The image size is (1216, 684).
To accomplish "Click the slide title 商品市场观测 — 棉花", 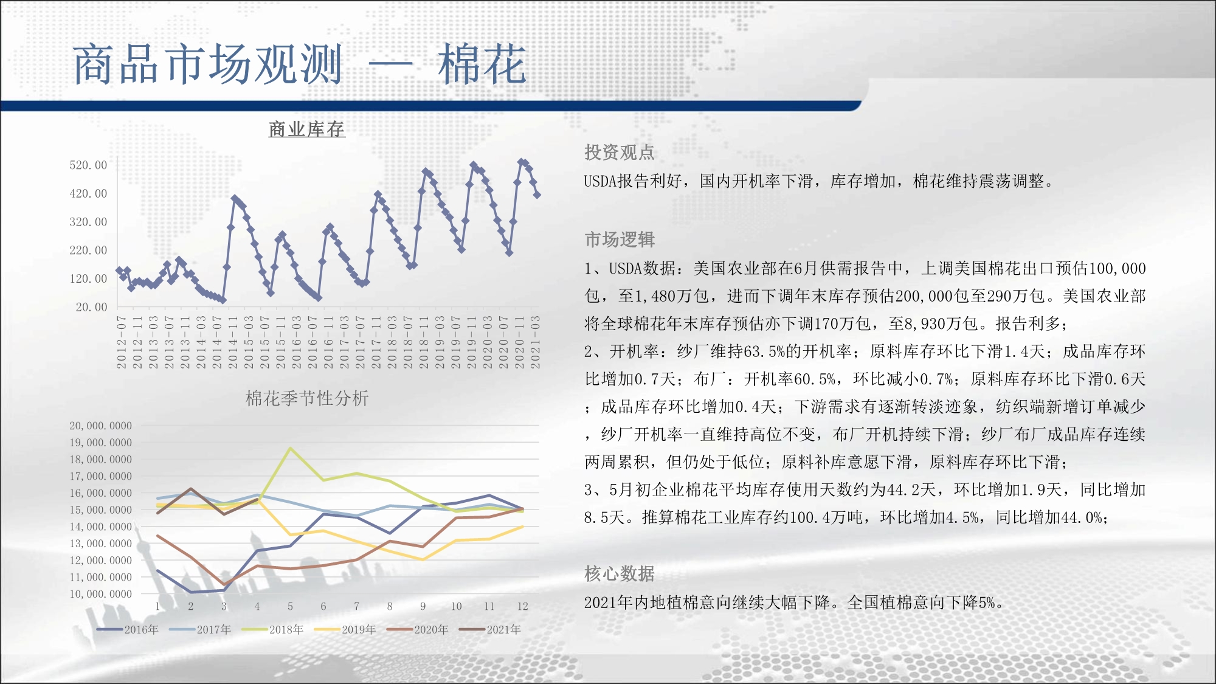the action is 299,64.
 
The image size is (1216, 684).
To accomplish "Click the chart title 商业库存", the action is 307,129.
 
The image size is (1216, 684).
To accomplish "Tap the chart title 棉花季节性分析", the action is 307,398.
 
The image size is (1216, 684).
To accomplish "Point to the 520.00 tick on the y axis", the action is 88,165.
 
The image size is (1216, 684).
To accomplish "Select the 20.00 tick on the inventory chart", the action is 91,307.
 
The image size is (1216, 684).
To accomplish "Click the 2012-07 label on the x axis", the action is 122,342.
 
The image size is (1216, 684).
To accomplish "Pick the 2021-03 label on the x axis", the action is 535,342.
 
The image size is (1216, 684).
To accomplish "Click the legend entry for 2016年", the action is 128,629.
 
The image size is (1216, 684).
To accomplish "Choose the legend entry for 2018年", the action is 272,629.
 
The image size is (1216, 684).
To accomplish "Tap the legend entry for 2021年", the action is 490,629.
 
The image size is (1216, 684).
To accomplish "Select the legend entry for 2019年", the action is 345,629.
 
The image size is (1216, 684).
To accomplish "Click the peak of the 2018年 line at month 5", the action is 291,448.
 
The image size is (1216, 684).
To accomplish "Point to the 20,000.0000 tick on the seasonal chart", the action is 101,426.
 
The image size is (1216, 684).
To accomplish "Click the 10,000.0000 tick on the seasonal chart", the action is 101,594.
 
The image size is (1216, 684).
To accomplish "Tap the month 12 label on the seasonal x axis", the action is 522,606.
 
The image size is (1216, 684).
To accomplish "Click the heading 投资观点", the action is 620,152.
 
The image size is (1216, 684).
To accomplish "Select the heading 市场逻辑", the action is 620,240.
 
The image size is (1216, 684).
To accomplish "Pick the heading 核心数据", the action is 620,573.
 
